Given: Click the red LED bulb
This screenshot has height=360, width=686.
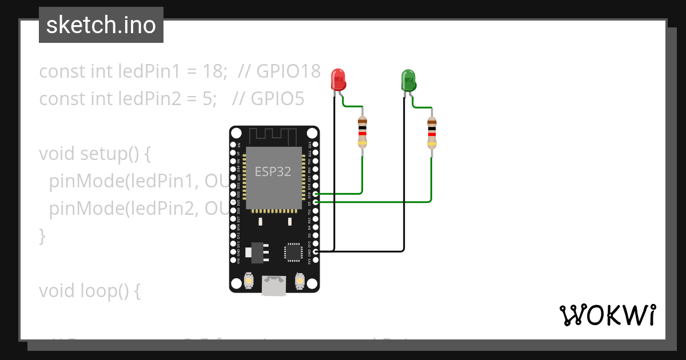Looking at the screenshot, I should tap(338, 79).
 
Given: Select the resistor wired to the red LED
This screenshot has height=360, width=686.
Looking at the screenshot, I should tap(362, 132).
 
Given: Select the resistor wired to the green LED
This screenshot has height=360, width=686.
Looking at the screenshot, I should tap(432, 132).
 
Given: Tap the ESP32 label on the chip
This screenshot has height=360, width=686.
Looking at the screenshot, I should tap(273, 171).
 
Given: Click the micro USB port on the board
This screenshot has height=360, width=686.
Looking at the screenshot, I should tap(274, 286).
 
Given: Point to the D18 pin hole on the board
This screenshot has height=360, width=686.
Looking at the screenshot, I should tap(316, 194).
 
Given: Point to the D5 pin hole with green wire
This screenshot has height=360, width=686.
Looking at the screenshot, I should tap(316, 202).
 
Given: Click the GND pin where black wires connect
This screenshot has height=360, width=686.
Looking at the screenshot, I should tap(316, 251).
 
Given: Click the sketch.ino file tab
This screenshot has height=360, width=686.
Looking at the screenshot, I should tap(101, 25).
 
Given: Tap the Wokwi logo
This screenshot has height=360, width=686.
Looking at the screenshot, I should tap(607, 315).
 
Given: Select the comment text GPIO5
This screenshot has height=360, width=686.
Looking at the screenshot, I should tap(268, 99).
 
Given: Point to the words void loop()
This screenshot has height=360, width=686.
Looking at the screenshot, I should tap(89, 291).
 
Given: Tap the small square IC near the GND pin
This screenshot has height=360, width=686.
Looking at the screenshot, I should tap(293, 252).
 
